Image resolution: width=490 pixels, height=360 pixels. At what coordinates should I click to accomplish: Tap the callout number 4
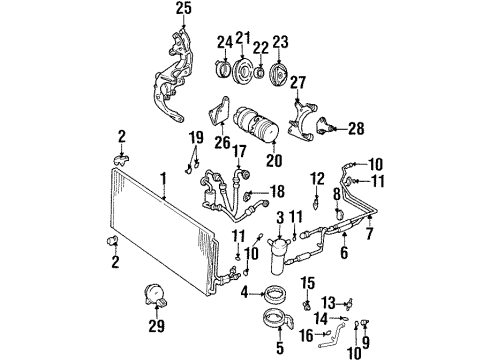point(245,293)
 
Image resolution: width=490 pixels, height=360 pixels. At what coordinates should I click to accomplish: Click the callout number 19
point(196,136)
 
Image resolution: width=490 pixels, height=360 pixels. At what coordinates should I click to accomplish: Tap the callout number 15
point(308,282)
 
